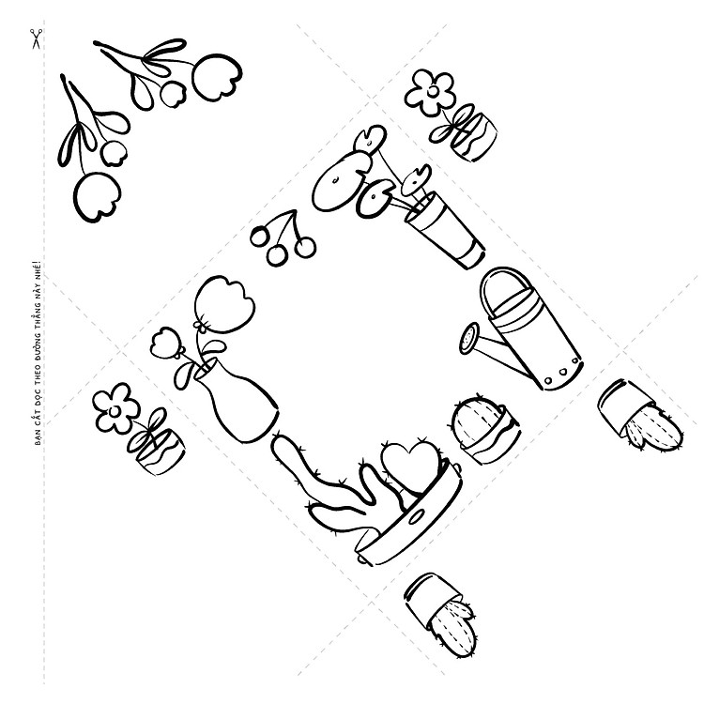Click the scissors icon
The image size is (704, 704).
pos(37,38)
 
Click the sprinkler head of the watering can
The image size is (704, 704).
pos(469,338)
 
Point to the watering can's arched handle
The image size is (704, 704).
pos(505,281)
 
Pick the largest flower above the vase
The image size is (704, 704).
pos(224,304)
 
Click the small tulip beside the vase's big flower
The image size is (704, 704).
pos(166,344)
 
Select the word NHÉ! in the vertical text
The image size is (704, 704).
pos(38,269)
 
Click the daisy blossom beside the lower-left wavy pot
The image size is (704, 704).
pos(115,408)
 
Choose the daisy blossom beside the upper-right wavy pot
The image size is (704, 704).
pos(430,93)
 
